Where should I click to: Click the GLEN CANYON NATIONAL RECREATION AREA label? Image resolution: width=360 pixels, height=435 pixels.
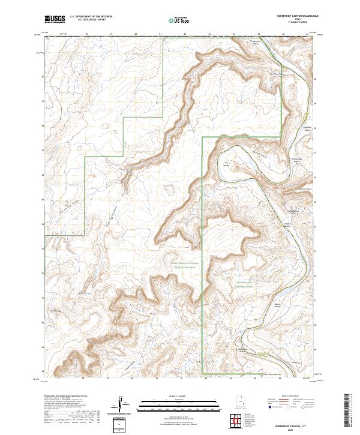coord(184,265)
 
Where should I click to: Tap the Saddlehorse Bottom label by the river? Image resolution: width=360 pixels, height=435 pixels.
coord(295,160)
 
